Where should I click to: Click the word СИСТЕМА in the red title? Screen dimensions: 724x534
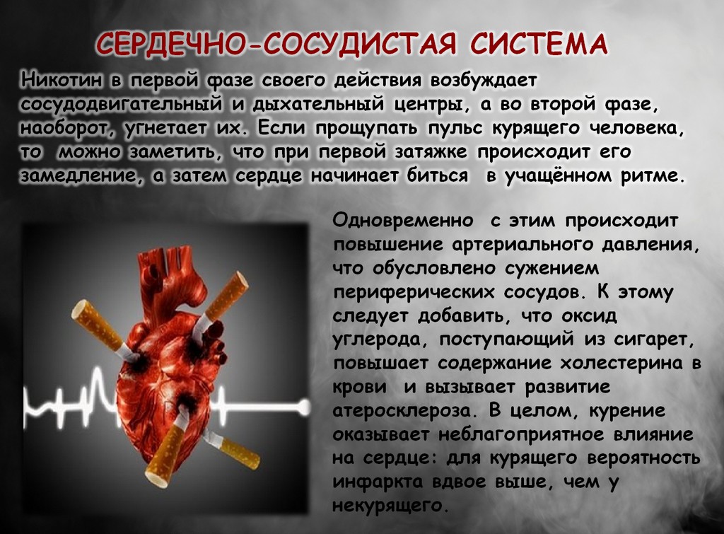point(538,45)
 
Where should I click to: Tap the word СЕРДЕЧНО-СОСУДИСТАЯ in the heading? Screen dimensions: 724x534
point(276,45)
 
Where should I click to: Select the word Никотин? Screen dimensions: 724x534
point(62,80)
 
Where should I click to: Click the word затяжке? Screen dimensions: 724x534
point(431,152)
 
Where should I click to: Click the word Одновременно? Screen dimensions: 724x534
point(402,221)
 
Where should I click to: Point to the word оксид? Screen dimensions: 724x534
point(590,316)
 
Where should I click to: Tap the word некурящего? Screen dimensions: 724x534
point(390,506)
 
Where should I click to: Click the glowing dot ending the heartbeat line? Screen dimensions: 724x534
point(304,407)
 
